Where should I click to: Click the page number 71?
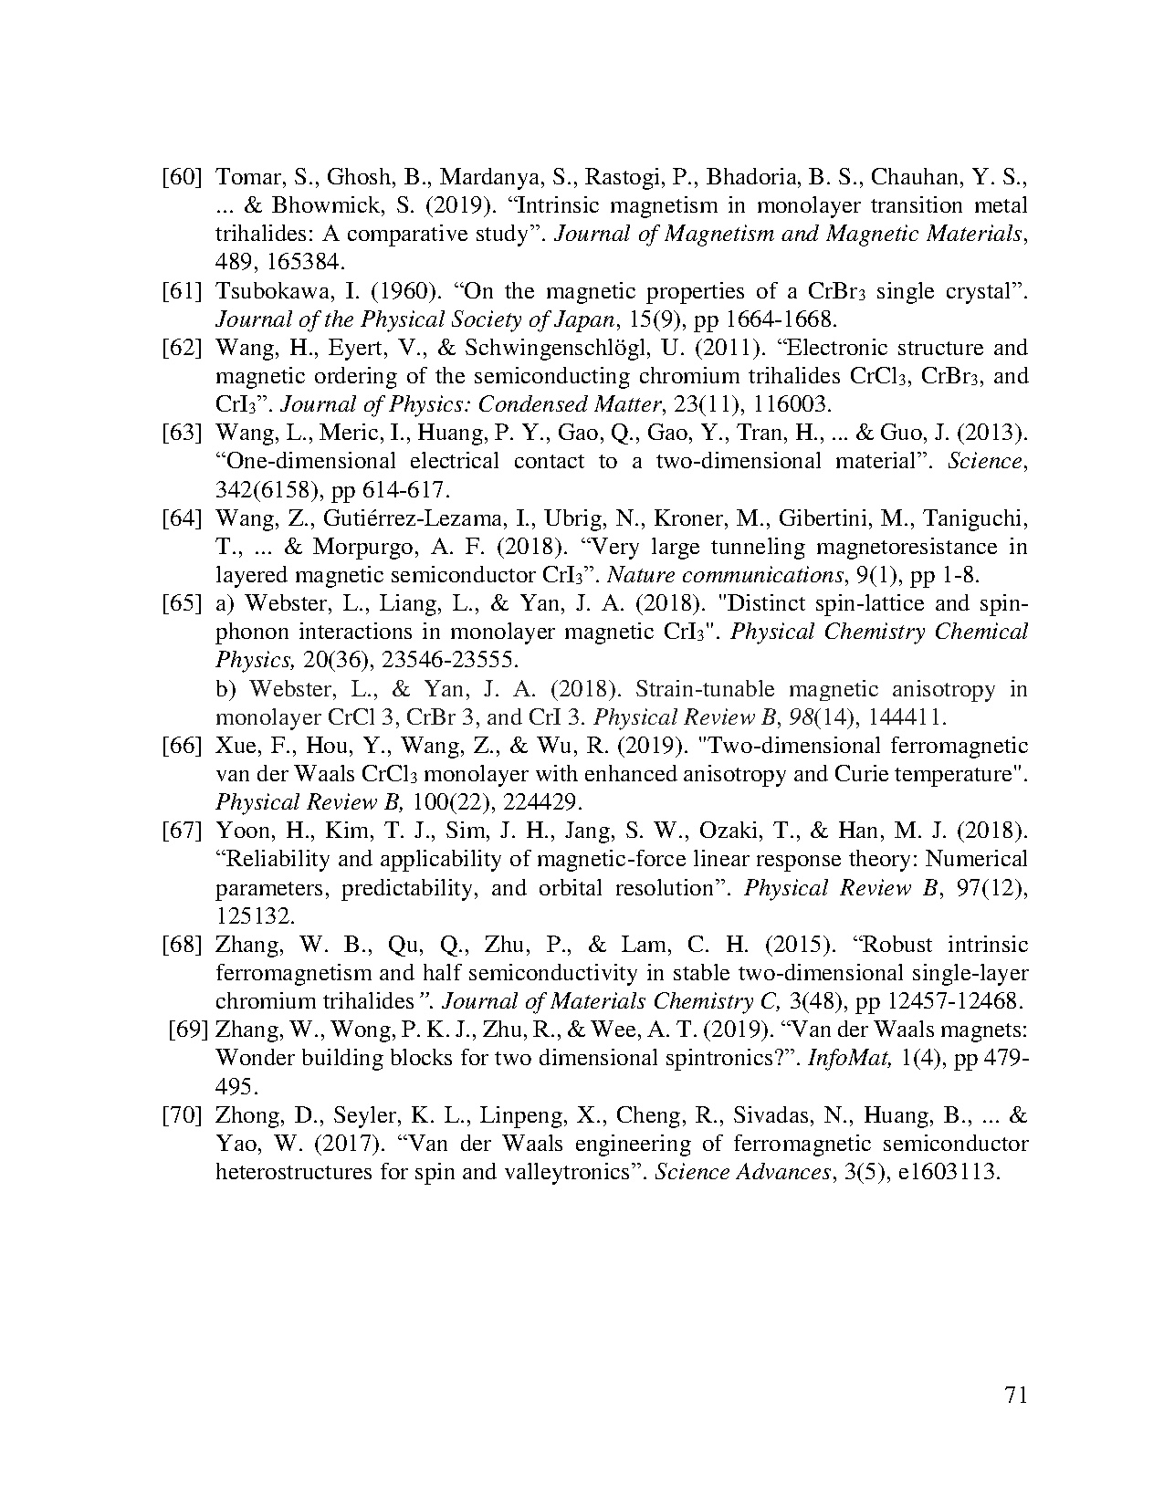1015,1396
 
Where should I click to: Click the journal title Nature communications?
718,575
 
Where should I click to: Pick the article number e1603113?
950,1172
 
